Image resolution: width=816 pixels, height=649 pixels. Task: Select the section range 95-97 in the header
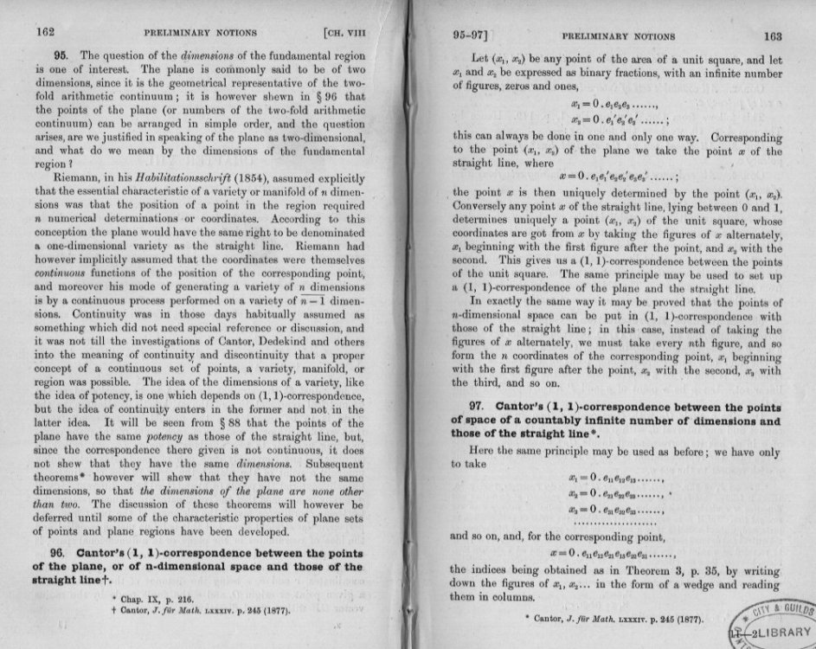click(472, 36)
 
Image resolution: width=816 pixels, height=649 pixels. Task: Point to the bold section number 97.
click(479, 406)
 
